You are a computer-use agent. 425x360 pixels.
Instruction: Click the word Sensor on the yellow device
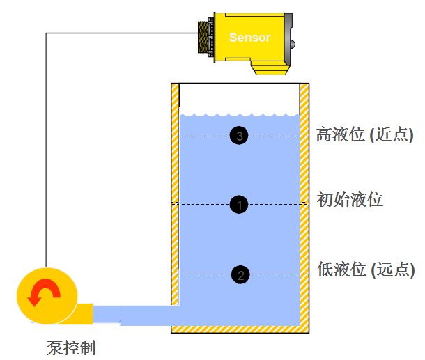(249, 38)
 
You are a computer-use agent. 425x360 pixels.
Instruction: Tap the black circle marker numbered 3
(239, 136)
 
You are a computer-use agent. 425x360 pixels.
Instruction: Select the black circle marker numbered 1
(239, 204)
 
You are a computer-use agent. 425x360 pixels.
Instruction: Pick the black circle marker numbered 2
(240, 274)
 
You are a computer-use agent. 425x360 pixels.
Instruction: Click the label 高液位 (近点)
(364, 134)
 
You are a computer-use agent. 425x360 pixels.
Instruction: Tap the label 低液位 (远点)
(365, 269)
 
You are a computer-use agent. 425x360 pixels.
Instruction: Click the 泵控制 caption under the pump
(71, 346)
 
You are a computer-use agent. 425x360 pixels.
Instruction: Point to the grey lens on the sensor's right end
(296, 43)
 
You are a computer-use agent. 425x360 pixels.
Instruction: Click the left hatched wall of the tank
(175, 202)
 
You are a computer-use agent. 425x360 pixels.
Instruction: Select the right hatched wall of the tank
(304, 202)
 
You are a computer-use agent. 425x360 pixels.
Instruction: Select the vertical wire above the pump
(46, 153)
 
